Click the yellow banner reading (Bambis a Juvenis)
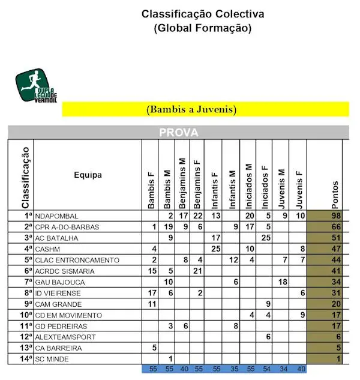205,109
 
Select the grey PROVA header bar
178,132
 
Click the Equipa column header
88,175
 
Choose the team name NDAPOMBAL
57,216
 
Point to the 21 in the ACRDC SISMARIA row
197,271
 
